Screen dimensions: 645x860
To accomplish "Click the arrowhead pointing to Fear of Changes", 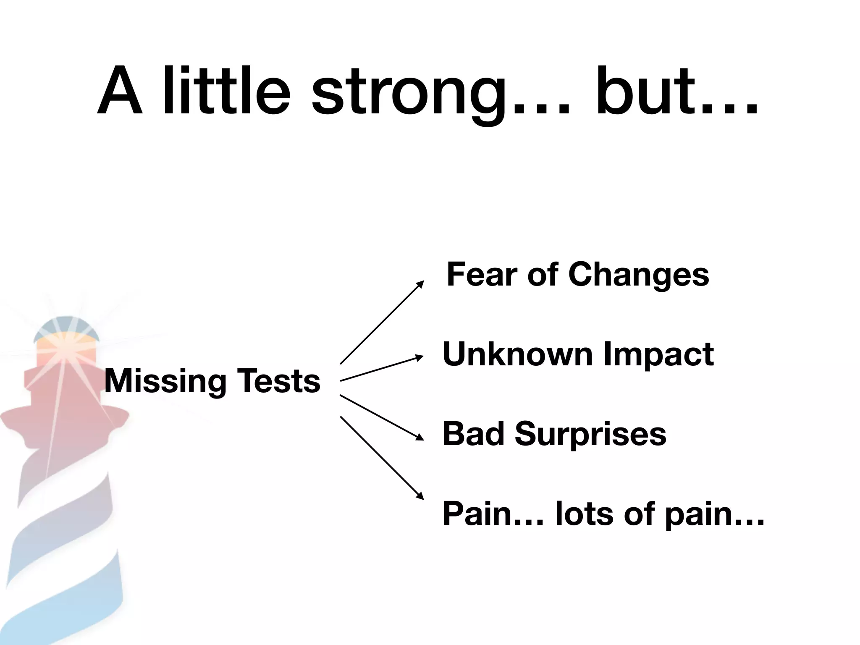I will [420, 284].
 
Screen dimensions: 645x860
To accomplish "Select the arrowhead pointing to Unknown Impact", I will [420, 357].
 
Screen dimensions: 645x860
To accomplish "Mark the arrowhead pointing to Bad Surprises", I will [420, 437].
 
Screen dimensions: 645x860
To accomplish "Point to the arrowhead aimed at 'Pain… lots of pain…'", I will [420, 496].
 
